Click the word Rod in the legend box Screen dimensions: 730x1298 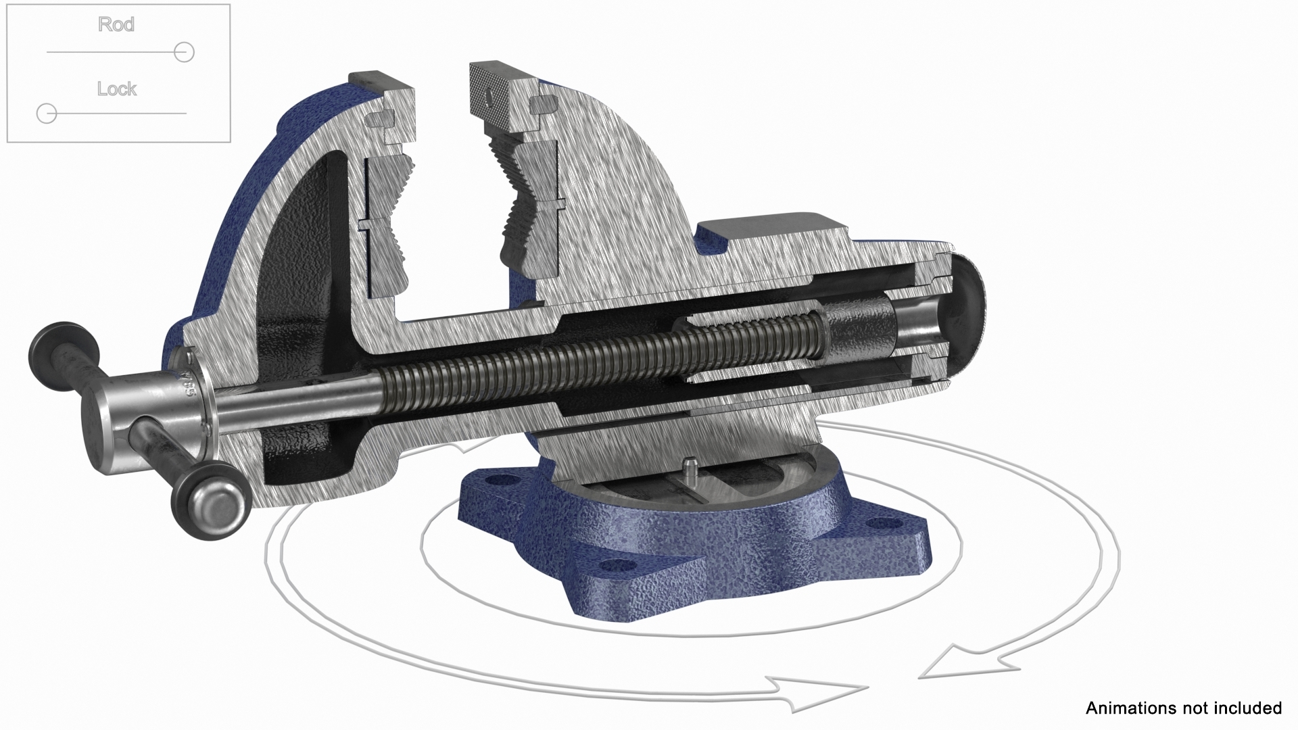tap(116, 24)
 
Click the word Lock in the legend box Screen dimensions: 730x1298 tap(116, 89)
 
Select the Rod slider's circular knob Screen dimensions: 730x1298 tap(184, 52)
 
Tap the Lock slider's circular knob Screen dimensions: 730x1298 tap(47, 114)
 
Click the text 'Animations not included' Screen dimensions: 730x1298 tap(1183, 708)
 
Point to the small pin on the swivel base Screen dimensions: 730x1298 tap(689, 466)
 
